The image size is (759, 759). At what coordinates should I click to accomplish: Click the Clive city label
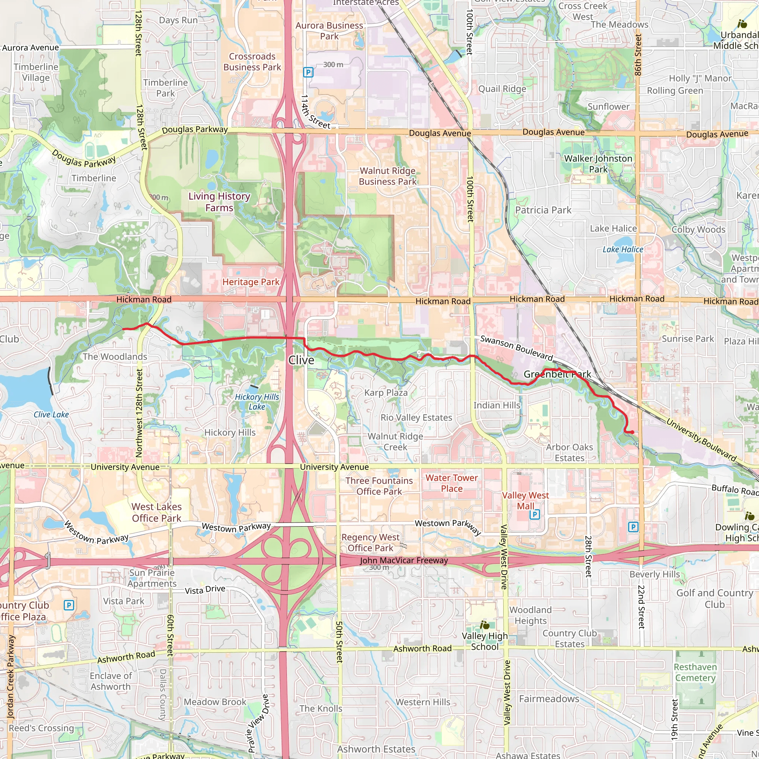point(301,360)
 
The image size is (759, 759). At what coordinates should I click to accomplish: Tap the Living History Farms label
point(219,202)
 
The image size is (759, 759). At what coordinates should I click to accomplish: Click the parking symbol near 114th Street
point(308,72)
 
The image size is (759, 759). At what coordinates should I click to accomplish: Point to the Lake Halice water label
point(623,249)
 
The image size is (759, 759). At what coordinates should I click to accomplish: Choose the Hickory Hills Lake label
point(256,402)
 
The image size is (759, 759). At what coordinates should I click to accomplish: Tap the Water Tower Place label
point(451,483)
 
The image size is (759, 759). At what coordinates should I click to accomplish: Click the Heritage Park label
point(251,282)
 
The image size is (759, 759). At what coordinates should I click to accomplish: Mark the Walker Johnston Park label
point(598,164)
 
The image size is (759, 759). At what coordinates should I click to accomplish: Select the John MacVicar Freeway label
point(404,561)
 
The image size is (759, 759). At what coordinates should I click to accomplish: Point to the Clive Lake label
point(51,414)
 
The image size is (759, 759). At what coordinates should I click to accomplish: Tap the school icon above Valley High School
point(484,625)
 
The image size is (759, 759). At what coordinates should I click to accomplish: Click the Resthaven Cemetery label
point(695,672)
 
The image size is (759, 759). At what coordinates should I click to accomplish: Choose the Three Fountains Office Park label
point(379,486)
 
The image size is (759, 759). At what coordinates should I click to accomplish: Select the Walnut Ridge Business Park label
point(387,176)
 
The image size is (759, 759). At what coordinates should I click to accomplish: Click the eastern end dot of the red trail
point(632,432)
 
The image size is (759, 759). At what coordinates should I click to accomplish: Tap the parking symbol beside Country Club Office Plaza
point(69,605)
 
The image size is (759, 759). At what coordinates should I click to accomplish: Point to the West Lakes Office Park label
point(156,512)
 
